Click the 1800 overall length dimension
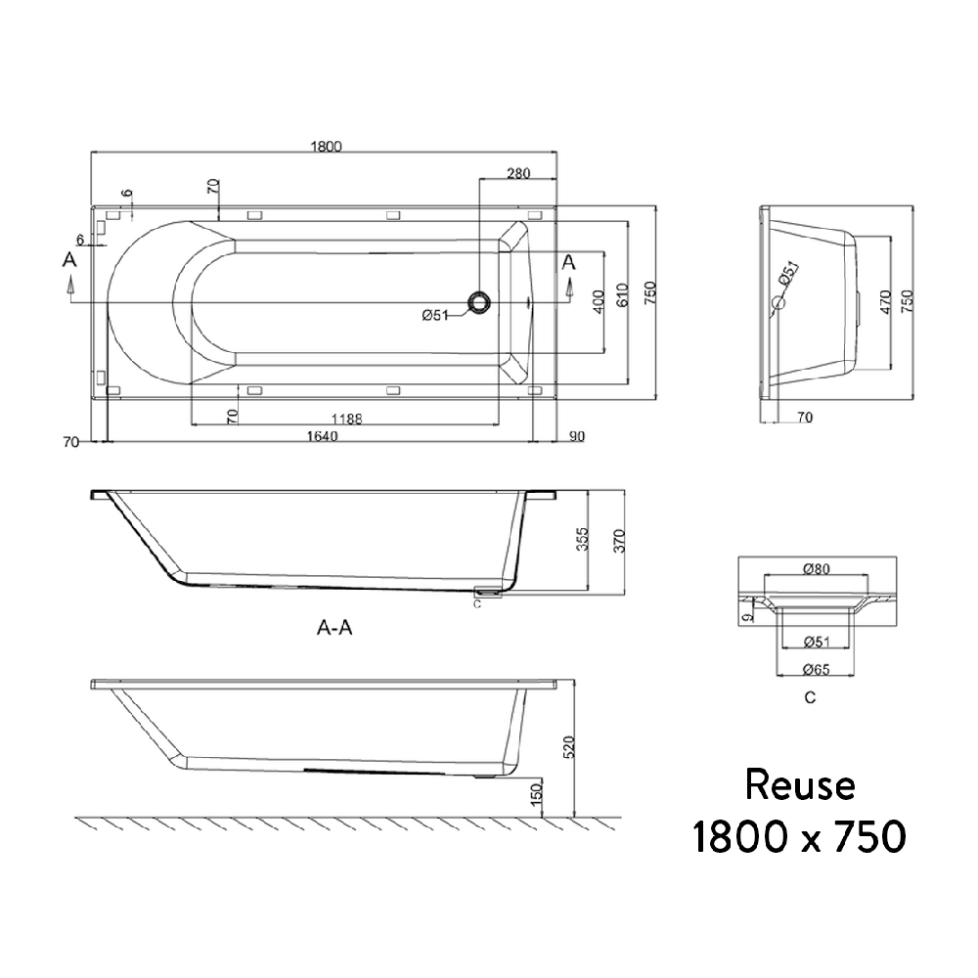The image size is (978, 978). pyautogui.click(x=326, y=147)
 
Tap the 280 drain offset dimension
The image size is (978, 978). pyautogui.click(x=518, y=174)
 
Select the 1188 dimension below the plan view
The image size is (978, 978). pyautogui.click(x=346, y=419)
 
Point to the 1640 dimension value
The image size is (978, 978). pyautogui.click(x=320, y=437)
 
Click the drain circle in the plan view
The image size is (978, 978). pyautogui.click(x=480, y=302)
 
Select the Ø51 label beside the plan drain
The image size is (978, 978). pyautogui.click(x=435, y=315)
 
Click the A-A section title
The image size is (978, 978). pyautogui.click(x=334, y=629)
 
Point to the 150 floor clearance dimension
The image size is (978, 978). pyautogui.click(x=535, y=795)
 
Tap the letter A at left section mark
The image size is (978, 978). pyautogui.click(x=68, y=260)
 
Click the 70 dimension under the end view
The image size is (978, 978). pyautogui.click(x=804, y=418)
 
